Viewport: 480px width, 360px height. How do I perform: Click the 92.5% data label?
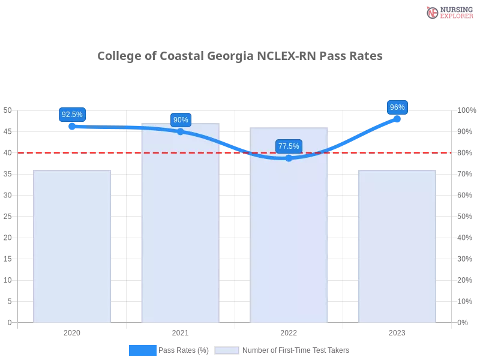72,114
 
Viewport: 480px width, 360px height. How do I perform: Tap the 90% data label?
181,119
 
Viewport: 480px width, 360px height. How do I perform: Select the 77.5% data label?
289,146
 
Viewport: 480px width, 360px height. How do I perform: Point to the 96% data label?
397,107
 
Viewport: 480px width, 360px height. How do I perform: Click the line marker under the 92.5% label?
72,126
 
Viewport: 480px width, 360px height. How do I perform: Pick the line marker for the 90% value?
181,131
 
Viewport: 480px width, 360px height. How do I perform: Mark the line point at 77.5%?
289,158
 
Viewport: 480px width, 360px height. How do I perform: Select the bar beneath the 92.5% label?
72,246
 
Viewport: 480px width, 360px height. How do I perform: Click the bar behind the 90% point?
180,228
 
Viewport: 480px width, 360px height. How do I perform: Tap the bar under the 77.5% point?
290,240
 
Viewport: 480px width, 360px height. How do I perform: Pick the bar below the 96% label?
396,246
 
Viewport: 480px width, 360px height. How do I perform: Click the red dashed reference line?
120,152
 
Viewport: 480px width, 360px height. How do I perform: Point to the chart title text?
239,56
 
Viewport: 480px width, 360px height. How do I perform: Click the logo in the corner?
448,12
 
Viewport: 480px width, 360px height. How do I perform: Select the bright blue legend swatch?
142,350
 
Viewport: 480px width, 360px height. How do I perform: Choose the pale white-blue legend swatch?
226,350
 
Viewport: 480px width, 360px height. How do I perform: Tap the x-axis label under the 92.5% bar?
72,331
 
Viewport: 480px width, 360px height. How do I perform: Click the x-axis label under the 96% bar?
397,331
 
